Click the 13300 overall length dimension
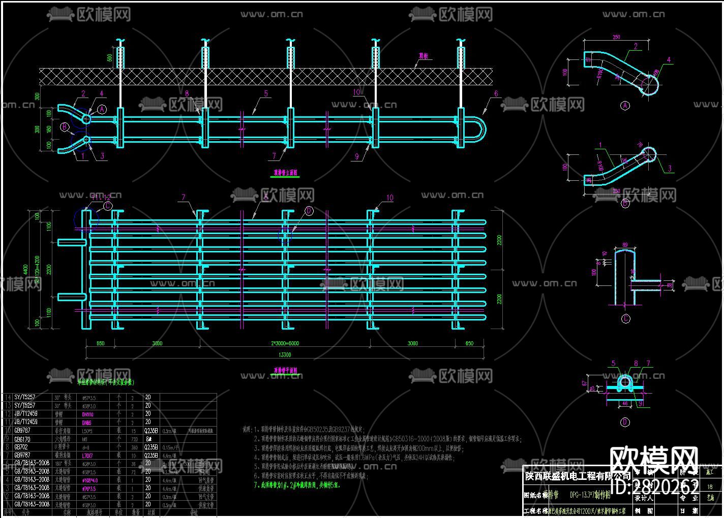pyautogui.click(x=285, y=354)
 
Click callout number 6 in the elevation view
pyautogui.click(x=496, y=94)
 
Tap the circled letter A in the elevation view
pyautogui.click(x=102, y=109)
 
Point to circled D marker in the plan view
pyautogui.click(x=309, y=211)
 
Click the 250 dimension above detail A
pyautogui.click(x=617, y=37)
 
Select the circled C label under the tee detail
pyautogui.click(x=626, y=319)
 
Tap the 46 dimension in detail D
pyautogui.click(x=625, y=404)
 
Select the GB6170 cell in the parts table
pyautogui.click(x=22, y=439)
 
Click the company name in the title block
pyautogui.click(x=577, y=476)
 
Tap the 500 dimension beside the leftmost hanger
pyautogui.click(x=110, y=57)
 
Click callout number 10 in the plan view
pyautogui.click(x=389, y=198)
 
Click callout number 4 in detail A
pyautogui.click(x=669, y=60)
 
